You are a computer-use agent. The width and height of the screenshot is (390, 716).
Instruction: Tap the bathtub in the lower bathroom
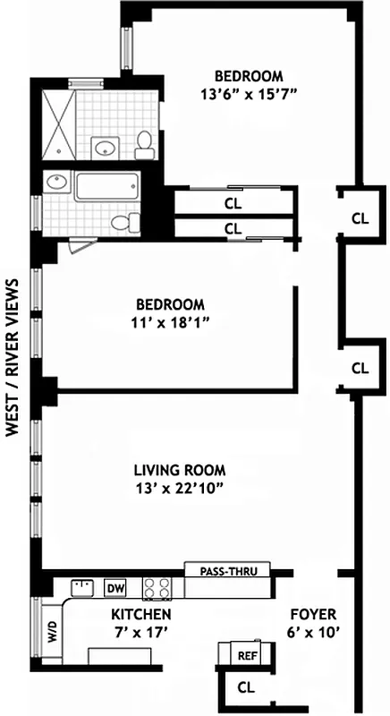(x=106, y=187)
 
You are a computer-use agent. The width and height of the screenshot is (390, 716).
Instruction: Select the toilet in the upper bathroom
(x=143, y=141)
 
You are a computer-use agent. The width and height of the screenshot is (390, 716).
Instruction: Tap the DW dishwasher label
(x=114, y=588)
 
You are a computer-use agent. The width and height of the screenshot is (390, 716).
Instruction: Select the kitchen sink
(x=82, y=588)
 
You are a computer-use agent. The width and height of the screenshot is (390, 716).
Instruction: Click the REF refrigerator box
(x=247, y=655)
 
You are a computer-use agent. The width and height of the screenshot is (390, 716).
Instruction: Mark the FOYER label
(x=313, y=614)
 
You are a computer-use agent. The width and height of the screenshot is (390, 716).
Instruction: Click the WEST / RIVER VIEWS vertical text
(x=13, y=356)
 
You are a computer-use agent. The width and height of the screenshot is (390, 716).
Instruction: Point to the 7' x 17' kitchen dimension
(x=141, y=632)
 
